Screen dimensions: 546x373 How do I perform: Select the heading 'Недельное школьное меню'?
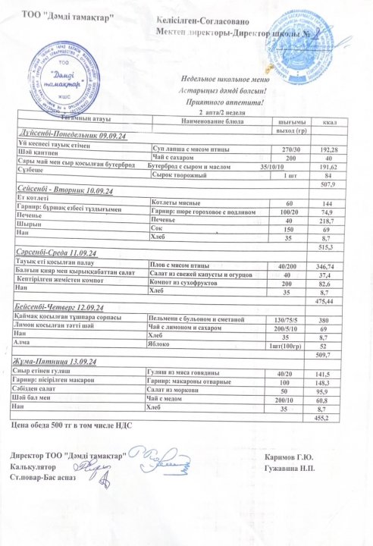pyautogui.click(x=224, y=79)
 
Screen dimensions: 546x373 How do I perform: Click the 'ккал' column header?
pyautogui.click(x=329, y=122)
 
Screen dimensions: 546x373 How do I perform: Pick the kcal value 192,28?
pyautogui.click(x=328, y=150)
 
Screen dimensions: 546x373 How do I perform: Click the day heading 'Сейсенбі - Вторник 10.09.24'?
pyautogui.click(x=68, y=188)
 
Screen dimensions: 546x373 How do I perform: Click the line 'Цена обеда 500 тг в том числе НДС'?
pyautogui.click(x=73, y=425)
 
